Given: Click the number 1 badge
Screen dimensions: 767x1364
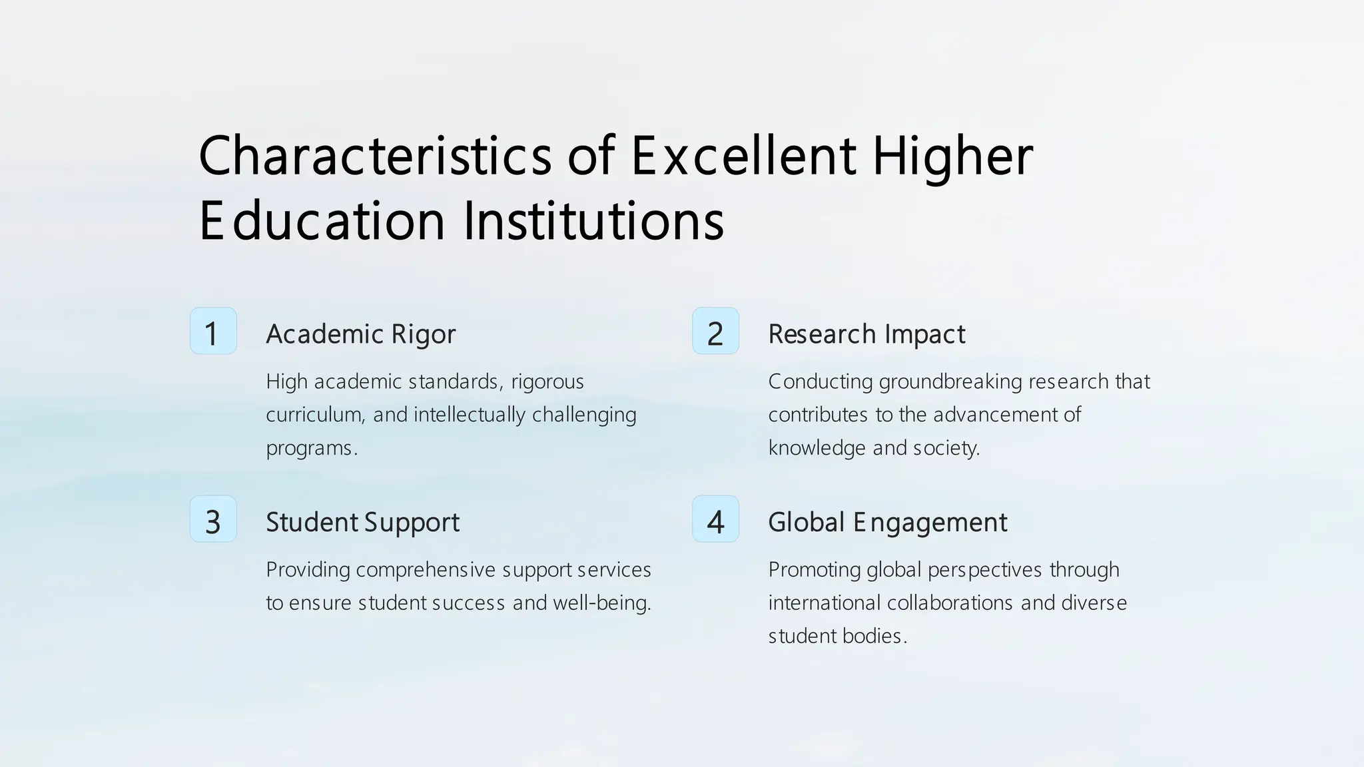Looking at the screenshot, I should (213, 331).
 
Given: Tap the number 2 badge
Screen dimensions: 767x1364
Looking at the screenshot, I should (715, 331).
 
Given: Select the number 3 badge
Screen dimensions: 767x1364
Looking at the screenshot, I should (213, 519).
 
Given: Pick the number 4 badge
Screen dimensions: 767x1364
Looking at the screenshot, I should (715, 519).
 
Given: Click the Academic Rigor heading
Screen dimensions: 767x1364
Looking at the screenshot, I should (360, 334).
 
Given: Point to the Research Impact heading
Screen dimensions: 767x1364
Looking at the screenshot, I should (866, 334).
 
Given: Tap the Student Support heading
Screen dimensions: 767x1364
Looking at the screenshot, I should (362, 523).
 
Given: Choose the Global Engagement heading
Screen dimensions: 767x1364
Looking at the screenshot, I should (887, 523).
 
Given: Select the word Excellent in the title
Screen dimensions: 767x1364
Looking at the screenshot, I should (743, 156).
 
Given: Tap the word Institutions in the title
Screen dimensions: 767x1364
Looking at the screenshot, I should (593, 221).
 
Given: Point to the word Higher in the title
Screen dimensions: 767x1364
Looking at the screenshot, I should (952, 156).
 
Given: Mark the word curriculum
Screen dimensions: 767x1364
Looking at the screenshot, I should (315, 415).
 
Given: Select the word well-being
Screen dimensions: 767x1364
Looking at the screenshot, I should (601, 603).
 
